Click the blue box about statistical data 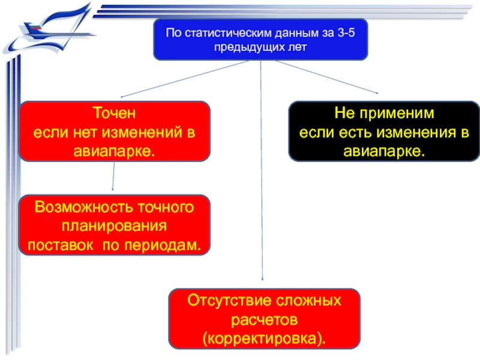click(x=260, y=40)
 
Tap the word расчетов click(x=264, y=319)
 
